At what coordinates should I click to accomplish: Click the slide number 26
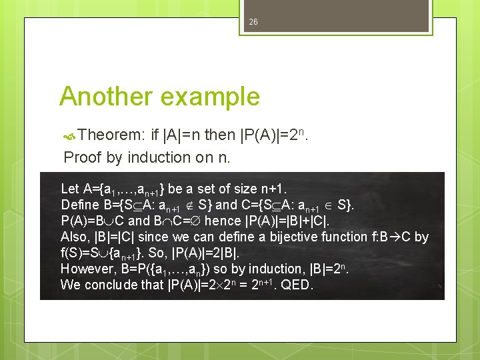point(253,22)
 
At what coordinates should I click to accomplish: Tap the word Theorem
point(111,136)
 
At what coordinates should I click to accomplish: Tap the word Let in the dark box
point(69,189)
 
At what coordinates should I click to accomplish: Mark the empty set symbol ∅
point(195,221)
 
